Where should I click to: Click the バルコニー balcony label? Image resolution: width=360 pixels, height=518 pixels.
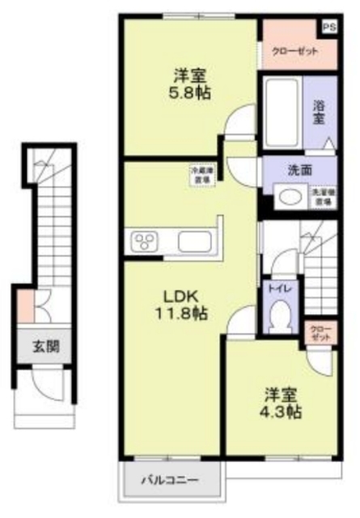pyautogui.click(x=171, y=479)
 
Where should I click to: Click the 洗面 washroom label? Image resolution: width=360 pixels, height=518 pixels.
pyautogui.click(x=299, y=171)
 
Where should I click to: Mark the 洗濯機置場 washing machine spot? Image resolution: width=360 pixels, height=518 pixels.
pyautogui.click(x=323, y=195)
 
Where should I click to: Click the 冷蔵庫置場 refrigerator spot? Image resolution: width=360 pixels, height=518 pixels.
pyautogui.click(x=202, y=176)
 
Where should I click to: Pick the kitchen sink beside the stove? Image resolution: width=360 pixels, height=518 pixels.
pyautogui.click(x=194, y=241)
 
